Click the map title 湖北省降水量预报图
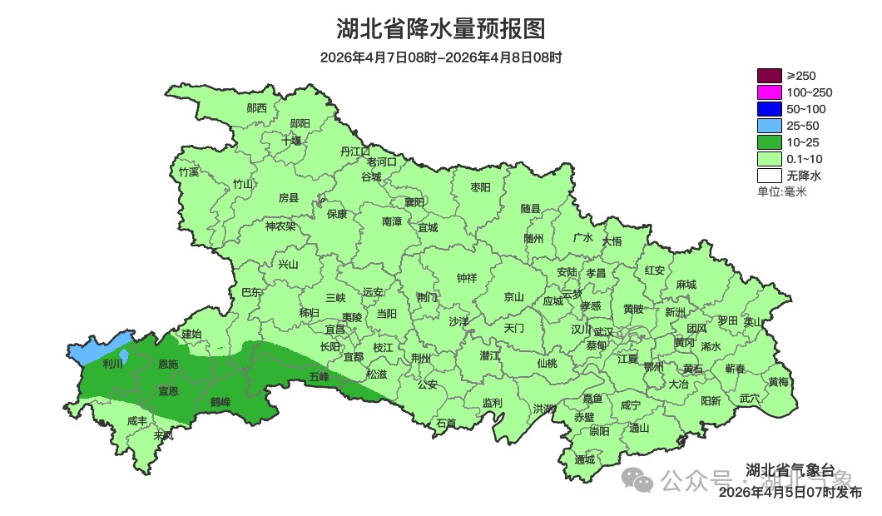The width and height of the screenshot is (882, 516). pyautogui.click(x=440, y=29)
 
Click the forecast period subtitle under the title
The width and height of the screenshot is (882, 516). pyautogui.click(x=440, y=58)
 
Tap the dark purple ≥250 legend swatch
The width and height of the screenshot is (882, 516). pyautogui.click(x=769, y=76)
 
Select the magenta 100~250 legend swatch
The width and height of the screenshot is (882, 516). pyautogui.click(x=769, y=92)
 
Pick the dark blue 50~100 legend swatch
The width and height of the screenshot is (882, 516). pyautogui.click(x=769, y=109)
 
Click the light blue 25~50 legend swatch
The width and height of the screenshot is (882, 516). pyautogui.click(x=769, y=126)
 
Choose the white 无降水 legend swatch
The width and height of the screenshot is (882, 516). pyautogui.click(x=769, y=176)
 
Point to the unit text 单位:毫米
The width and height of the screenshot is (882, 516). pyautogui.click(x=781, y=192)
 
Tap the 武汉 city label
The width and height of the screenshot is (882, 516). pyautogui.click(x=602, y=332)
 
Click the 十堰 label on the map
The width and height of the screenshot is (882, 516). pyautogui.click(x=291, y=141)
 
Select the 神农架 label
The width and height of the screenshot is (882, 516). pyautogui.click(x=280, y=226)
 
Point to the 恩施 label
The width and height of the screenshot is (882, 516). pyautogui.click(x=168, y=365)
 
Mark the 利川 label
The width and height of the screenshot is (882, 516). pyautogui.click(x=112, y=364)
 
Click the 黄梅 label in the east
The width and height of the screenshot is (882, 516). pyautogui.click(x=779, y=382)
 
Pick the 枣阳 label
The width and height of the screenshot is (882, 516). pyautogui.click(x=481, y=187)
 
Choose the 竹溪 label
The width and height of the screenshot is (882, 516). pyautogui.click(x=189, y=172)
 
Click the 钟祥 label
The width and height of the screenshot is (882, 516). pyautogui.click(x=467, y=278)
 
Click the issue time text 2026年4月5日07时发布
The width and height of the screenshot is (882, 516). pyautogui.click(x=790, y=492)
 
